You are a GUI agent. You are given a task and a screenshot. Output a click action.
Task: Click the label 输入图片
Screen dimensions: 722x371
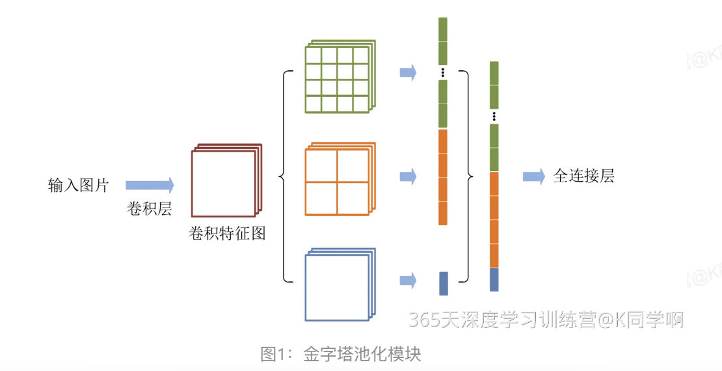pyautogui.click(x=78, y=185)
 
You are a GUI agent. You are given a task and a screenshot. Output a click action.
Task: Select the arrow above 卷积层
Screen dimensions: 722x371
pyautogui.click(x=150, y=185)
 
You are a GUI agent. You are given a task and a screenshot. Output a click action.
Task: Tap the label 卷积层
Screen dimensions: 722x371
pyautogui.click(x=149, y=210)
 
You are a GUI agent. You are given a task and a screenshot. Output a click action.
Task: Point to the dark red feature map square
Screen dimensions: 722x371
pyautogui.click(x=223, y=183)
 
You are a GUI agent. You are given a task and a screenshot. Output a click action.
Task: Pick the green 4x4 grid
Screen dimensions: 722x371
pyautogui.click(x=338, y=79)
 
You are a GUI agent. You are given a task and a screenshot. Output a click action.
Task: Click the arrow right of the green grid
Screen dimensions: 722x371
pyautogui.click(x=408, y=72)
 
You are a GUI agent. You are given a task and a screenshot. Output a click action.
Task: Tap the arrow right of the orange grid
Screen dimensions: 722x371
pyautogui.click(x=408, y=176)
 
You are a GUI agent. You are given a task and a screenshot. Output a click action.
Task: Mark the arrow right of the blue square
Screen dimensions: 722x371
pyautogui.click(x=408, y=281)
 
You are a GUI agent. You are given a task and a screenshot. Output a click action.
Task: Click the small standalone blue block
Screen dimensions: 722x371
pyautogui.click(x=444, y=283)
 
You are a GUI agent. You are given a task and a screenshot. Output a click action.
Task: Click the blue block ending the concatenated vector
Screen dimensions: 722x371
pyautogui.click(x=494, y=280)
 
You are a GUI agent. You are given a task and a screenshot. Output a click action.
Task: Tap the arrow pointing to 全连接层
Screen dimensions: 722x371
pyautogui.click(x=533, y=176)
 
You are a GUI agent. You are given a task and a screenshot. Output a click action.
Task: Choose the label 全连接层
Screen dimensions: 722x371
pyautogui.click(x=583, y=176)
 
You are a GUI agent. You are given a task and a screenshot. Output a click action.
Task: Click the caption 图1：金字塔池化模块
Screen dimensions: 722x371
pyautogui.click(x=341, y=354)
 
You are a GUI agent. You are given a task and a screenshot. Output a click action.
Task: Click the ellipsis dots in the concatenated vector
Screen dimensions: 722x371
pyautogui.click(x=494, y=117)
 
